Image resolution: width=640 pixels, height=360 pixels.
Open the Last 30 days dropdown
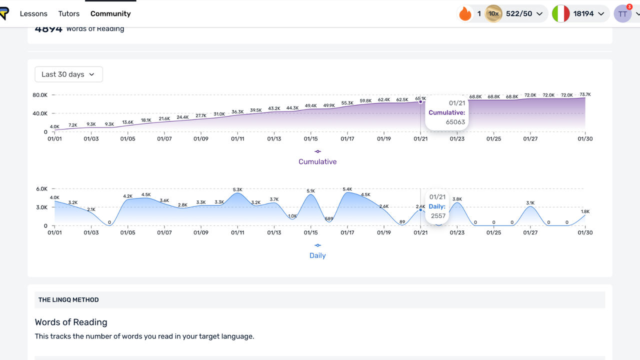(68, 74)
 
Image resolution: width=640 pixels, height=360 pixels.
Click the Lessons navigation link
(33, 13)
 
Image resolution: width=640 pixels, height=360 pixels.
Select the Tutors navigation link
(69, 13)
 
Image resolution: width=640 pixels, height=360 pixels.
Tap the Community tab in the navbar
(110, 13)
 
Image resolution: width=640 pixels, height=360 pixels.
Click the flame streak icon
(465, 13)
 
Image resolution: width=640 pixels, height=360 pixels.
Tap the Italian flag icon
(561, 13)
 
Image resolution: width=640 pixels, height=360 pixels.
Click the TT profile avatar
(622, 14)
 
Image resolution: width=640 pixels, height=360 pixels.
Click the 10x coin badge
(493, 13)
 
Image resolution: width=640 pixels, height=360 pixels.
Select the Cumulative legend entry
(317, 161)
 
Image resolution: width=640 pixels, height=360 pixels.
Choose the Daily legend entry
(317, 255)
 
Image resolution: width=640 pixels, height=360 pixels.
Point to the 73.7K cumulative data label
(585, 94)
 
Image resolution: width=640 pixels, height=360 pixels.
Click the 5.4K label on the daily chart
(347, 189)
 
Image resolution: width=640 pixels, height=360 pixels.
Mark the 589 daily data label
(329, 218)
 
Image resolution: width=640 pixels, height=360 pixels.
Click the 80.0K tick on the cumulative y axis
(40, 95)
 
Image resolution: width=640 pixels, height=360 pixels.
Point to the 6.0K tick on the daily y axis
(41, 189)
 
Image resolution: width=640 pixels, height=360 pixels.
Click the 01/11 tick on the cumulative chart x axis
(237, 139)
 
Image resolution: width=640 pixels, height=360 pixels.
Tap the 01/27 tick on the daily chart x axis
(530, 232)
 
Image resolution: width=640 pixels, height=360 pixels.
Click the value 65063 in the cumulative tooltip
(455, 122)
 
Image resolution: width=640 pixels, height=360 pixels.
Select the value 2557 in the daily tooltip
(437, 215)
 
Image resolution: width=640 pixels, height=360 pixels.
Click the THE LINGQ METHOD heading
(68, 300)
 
